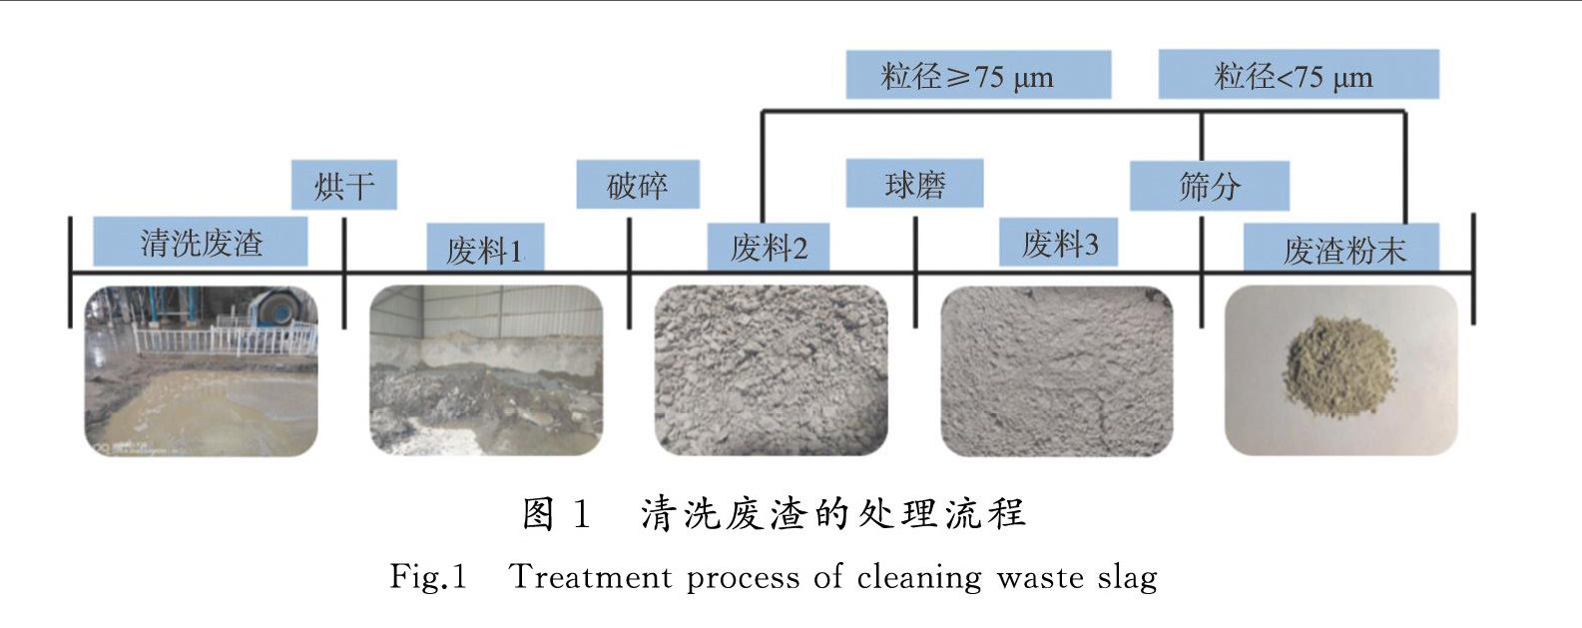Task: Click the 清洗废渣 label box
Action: click(200, 242)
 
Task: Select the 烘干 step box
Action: click(344, 186)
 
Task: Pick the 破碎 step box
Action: click(638, 186)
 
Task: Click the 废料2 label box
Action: click(768, 248)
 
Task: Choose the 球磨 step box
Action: click(914, 185)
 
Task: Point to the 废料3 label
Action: click(1058, 244)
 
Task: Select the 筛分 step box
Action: click(1209, 186)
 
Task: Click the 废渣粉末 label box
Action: click(1342, 249)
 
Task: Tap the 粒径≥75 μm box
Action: click(978, 76)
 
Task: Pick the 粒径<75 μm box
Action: click(1298, 76)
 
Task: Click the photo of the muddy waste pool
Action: click(201, 371)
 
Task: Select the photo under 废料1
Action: click(486, 371)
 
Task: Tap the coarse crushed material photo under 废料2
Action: click(771, 371)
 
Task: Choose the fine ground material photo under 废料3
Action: click(1057, 371)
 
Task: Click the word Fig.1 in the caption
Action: click(428, 577)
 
